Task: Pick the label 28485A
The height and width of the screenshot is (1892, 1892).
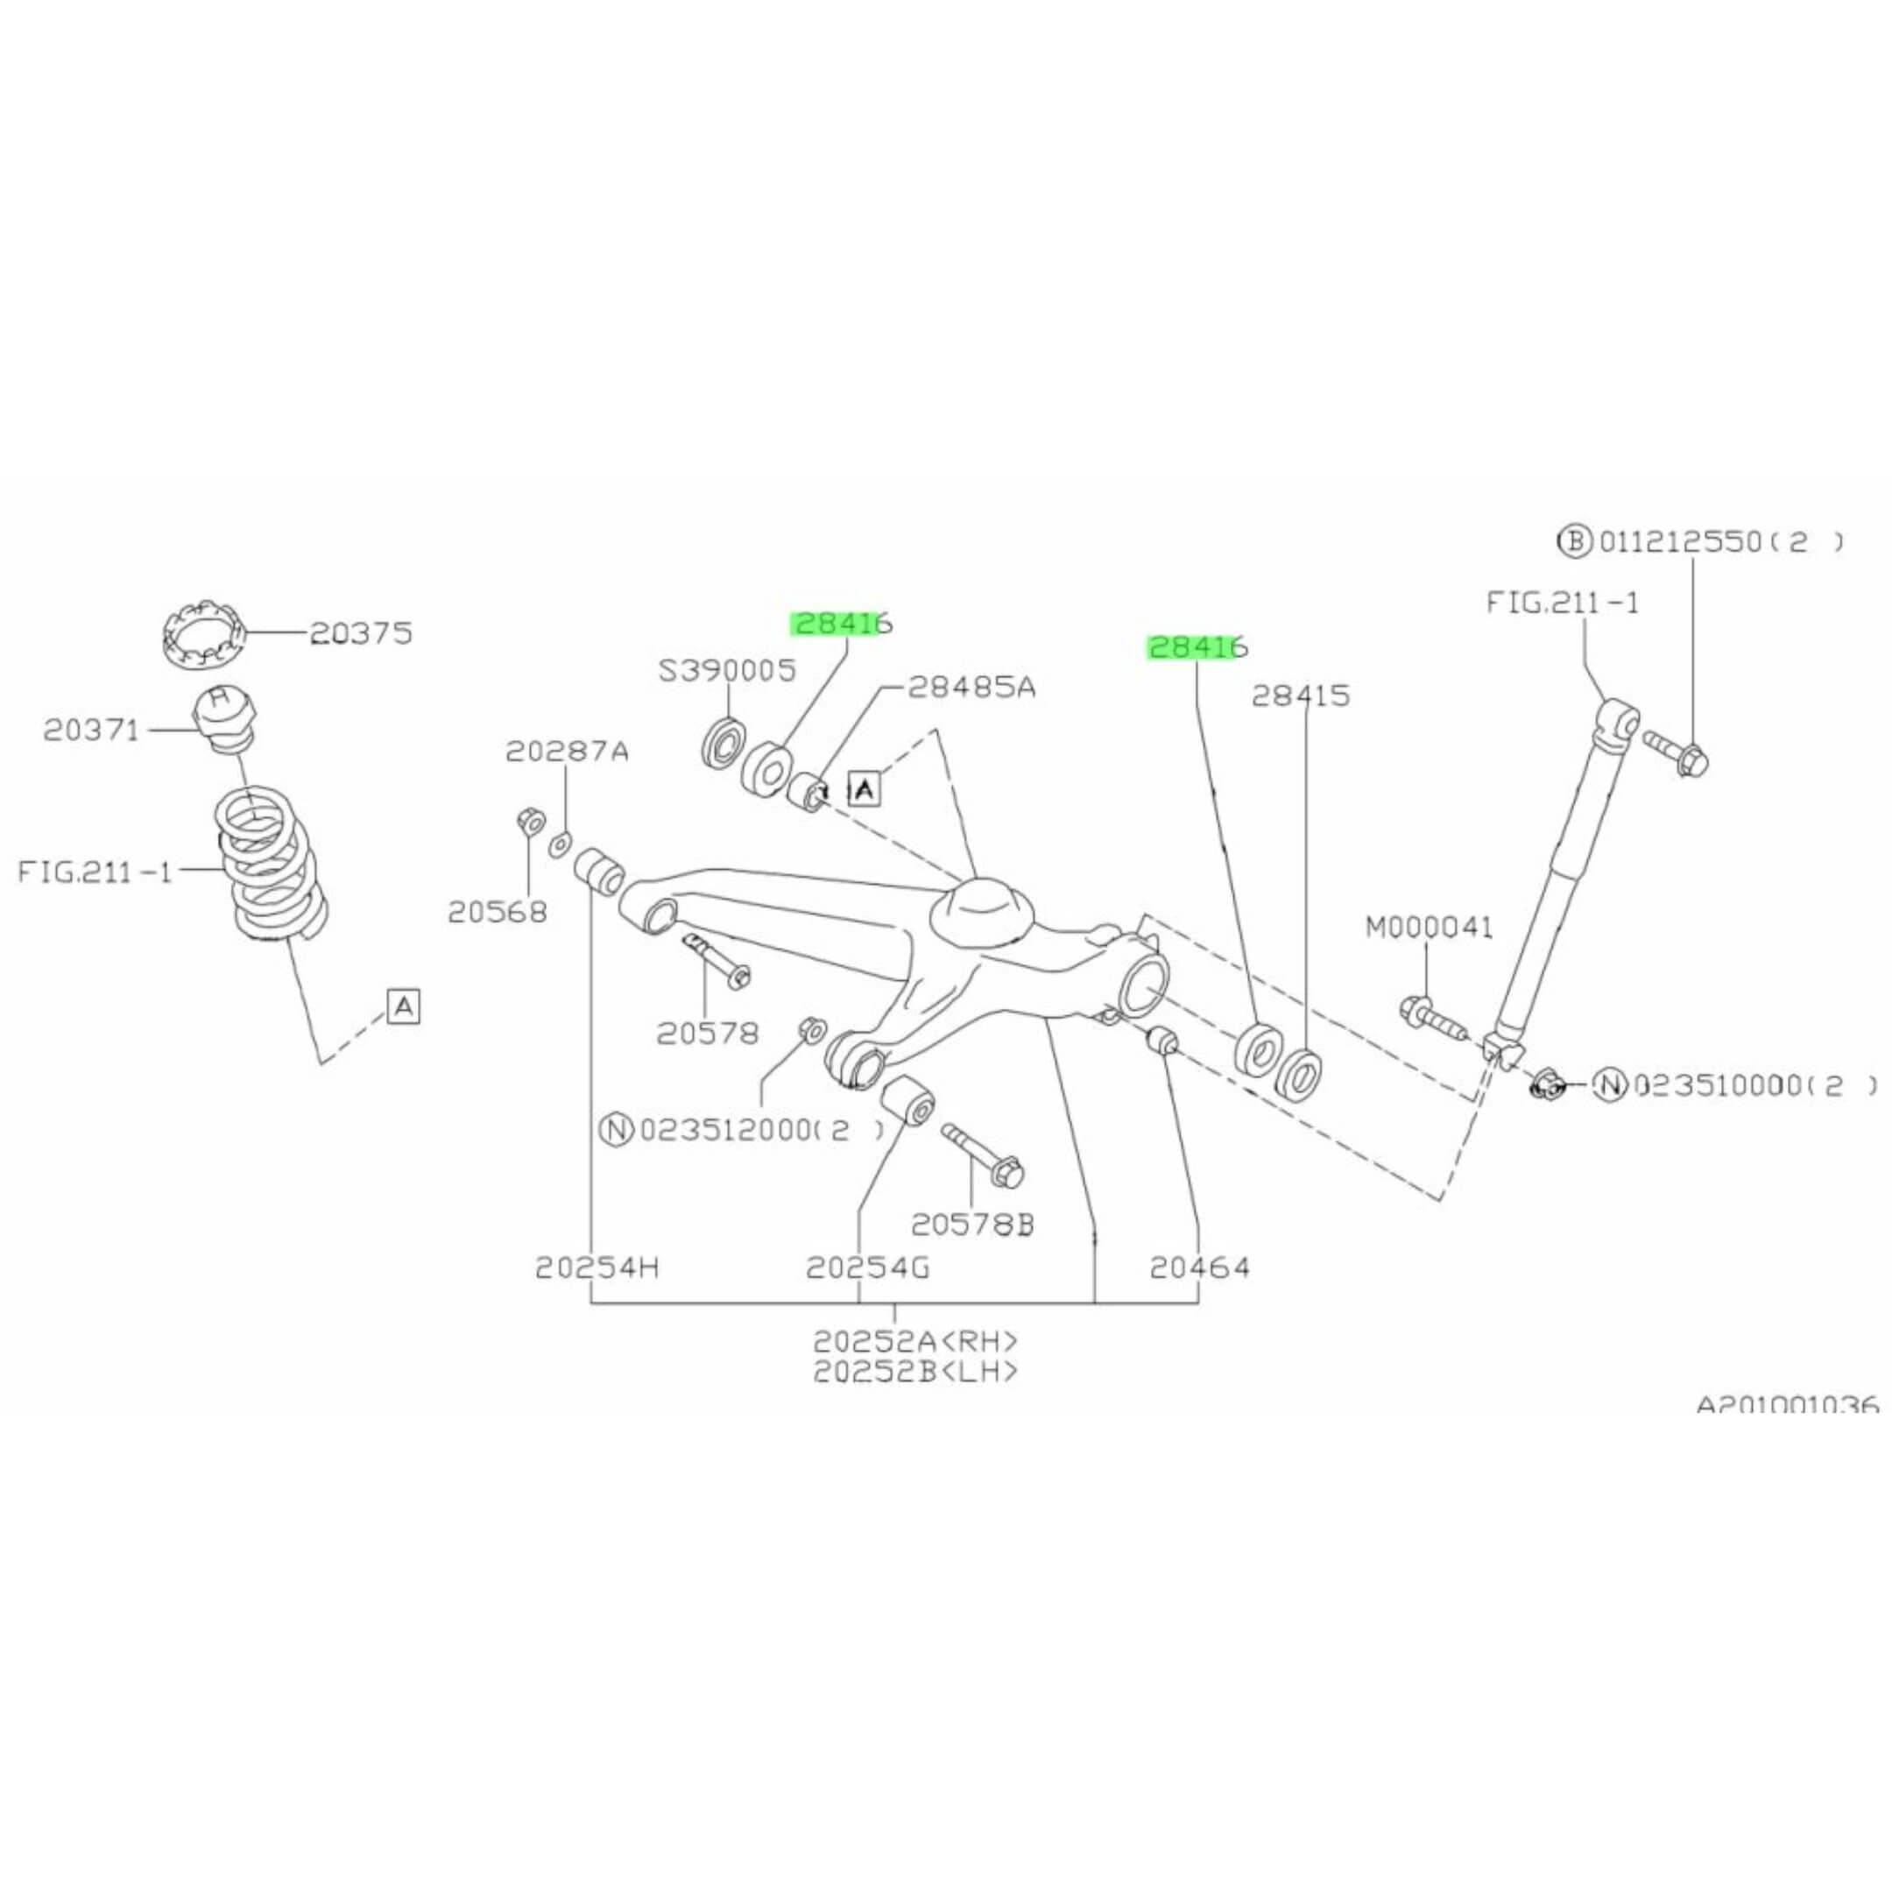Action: coord(971,687)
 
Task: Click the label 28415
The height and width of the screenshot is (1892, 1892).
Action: coord(1301,695)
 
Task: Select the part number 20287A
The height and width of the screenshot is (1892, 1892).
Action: coord(567,752)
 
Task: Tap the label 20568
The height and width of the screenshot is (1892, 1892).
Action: coord(497,912)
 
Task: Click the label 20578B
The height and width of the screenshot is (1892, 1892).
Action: coord(972,1225)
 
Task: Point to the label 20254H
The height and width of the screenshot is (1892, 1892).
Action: coord(597,1268)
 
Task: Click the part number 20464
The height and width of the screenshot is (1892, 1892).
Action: coord(1200,1268)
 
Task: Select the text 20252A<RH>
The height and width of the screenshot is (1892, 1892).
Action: coord(915,1339)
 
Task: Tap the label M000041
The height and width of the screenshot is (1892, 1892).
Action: coord(1430,927)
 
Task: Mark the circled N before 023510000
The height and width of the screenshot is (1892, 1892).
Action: coord(1610,1084)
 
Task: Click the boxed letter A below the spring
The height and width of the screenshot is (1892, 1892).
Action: coord(404,1006)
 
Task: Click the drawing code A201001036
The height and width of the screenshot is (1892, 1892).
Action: coord(1787,1404)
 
